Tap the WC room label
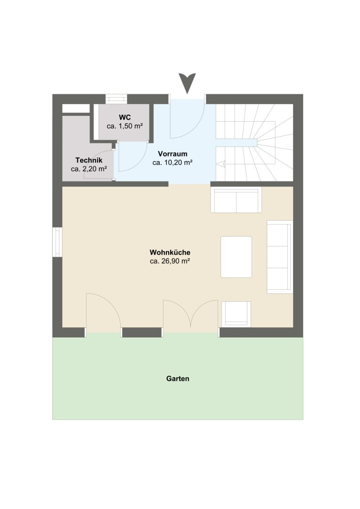click(x=125, y=117)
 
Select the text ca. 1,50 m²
click(x=125, y=126)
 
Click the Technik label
click(x=89, y=160)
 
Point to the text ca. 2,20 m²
click(x=89, y=169)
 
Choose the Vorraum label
click(x=172, y=154)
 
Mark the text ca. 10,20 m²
click(x=172, y=162)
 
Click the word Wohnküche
click(x=170, y=252)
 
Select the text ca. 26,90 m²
click(x=170, y=261)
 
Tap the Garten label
click(x=178, y=378)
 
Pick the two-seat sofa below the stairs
click(x=236, y=200)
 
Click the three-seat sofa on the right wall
click(x=280, y=257)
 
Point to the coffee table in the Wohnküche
click(x=237, y=257)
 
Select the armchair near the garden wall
click(x=237, y=313)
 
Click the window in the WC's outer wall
click(x=116, y=99)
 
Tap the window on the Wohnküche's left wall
click(x=57, y=242)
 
